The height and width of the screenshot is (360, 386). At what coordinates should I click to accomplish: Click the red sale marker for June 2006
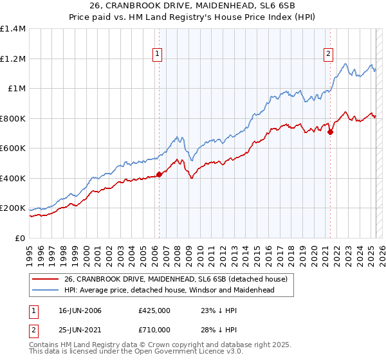coord(159,174)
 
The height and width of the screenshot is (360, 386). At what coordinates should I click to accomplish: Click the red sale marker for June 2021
coord(330,132)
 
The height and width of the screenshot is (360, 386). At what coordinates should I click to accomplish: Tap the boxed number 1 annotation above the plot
coord(158,55)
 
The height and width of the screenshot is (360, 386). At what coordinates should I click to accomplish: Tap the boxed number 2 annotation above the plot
coord(329,55)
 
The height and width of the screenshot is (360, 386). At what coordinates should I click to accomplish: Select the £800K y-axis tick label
coord(13,118)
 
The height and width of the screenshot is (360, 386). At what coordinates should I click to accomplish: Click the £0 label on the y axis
coord(20,238)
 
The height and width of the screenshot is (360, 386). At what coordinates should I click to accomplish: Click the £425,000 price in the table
coord(154,310)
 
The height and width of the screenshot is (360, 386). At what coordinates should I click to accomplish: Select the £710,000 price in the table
coord(154,330)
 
